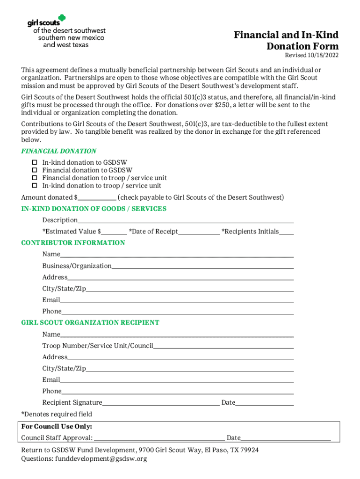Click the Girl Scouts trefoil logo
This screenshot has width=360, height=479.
(x=61, y=19)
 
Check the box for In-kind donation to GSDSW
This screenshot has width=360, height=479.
(x=34, y=162)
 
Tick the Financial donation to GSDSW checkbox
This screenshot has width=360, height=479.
(x=34, y=170)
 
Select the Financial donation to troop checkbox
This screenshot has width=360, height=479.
(x=34, y=178)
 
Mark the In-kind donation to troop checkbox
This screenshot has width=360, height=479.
(x=34, y=186)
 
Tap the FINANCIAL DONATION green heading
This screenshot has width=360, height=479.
(x=59, y=151)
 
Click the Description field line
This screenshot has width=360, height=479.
(x=186, y=220)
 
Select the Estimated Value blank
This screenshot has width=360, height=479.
(x=114, y=232)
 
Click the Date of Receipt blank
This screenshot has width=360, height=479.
(x=199, y=232)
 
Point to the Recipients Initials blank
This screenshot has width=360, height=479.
(x=287, y=232)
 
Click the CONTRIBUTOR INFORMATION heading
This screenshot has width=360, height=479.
(x=73, y=243)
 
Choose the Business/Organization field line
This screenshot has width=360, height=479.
(x=202, y=266)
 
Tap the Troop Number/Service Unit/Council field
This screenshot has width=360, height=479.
(x=223, y=346)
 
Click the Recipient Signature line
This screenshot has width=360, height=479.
(x=161, y=403)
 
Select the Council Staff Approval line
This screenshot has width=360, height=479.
(x=159, y=438)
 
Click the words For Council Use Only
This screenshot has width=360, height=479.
(x=57, y=427)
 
